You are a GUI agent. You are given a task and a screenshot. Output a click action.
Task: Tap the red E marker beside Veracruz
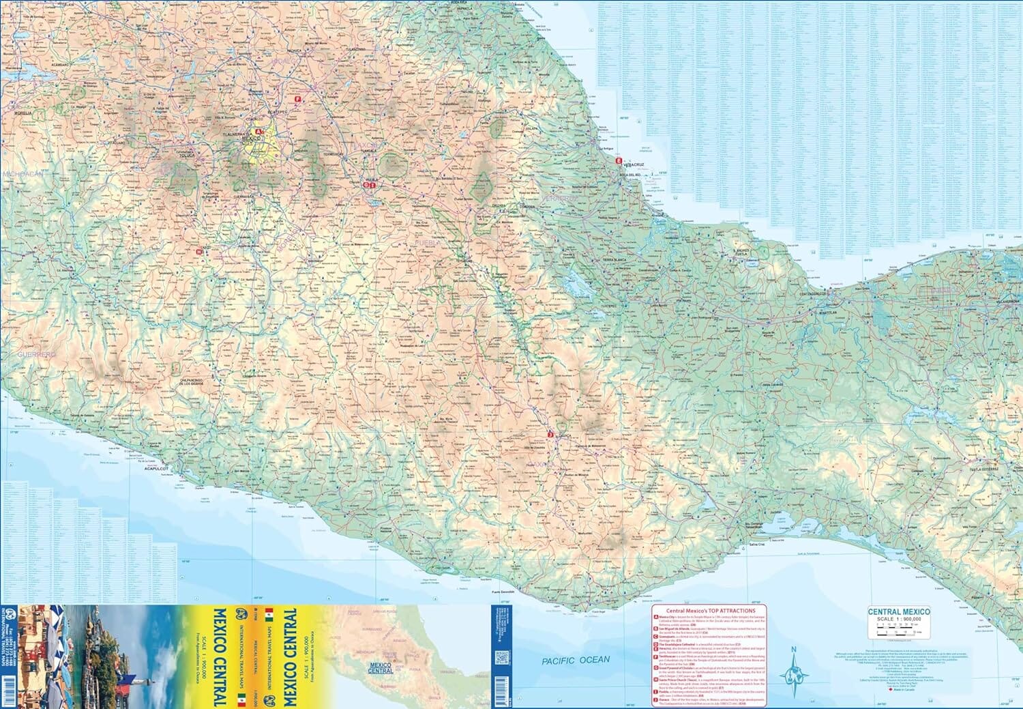[x=619, y=161]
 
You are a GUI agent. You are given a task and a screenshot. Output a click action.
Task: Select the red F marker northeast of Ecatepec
[x=297, y=100]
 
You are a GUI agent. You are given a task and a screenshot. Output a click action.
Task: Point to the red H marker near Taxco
[x=198, y=251]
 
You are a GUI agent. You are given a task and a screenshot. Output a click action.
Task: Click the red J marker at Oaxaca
[x=550, y=434]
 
